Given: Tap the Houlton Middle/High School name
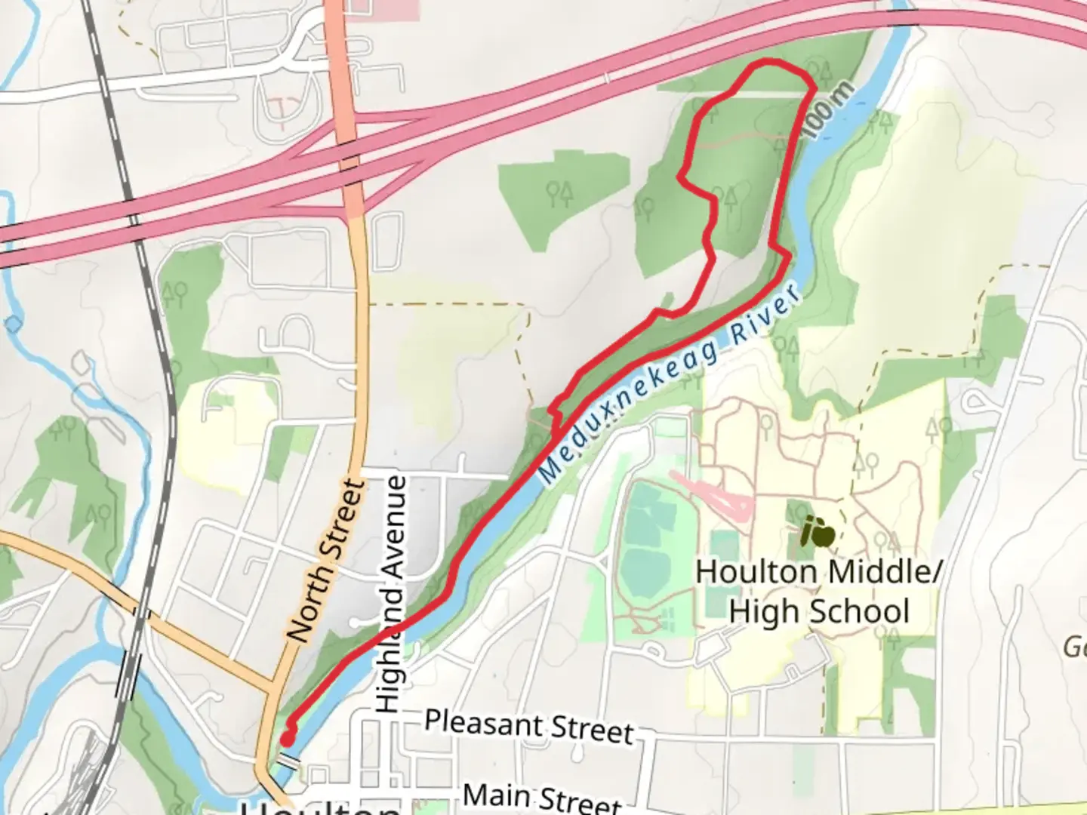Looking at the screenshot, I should point(818,591).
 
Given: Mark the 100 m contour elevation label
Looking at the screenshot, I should point(828,110).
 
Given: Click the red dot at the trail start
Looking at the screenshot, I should point(288,738).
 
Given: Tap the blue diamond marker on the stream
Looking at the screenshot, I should point(14,324).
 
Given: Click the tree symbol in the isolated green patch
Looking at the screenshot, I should point(560,193).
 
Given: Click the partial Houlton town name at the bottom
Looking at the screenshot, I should point(321,807).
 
